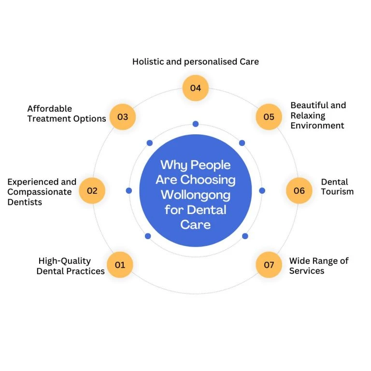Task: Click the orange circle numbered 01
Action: (x=120, y=265)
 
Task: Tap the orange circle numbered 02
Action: (x=92, y=190)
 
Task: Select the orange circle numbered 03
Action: (x=122, y=117)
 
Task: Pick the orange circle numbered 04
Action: (x=195, y=88)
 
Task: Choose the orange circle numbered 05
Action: (x=269, y=117)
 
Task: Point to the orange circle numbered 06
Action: (x=299, y=190)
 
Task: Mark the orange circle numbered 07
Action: (x=269, y=265)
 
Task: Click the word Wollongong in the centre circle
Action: (x=195, y=195)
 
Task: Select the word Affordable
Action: (x=49, y=109)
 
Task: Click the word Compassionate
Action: (x=40, y=192)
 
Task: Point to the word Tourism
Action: (x=337, y=192)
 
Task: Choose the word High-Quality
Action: (x=64, y=261)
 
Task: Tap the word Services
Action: (x=307, y=271)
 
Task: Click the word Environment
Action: (x=317, y=126)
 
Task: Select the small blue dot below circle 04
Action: (x=195, y=124)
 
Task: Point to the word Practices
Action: (x=86, y=271)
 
